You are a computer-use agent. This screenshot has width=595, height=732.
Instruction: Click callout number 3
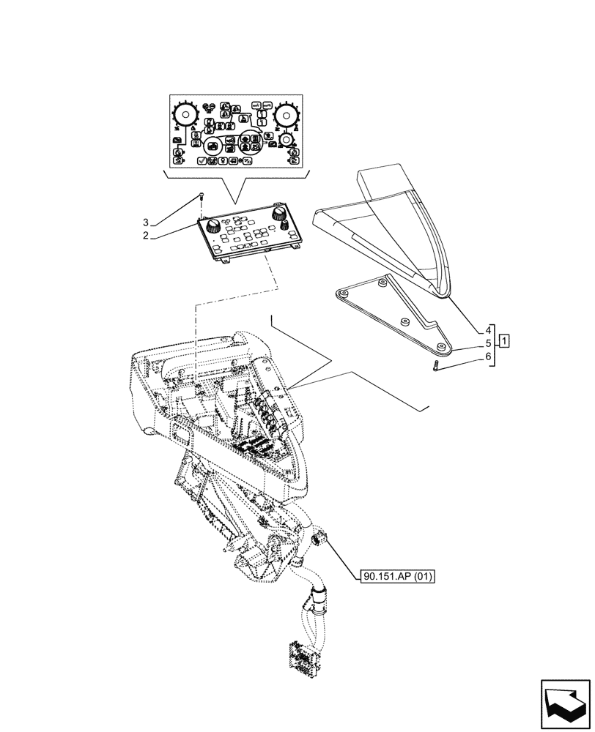[x=146, y=222]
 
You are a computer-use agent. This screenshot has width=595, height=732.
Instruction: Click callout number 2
[x=146, y=236]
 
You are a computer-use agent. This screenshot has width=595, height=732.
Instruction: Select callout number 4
[x=487, y=329]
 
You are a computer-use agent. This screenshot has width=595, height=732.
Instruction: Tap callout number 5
[x=487, y=343]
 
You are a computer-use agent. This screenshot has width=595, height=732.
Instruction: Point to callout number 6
[x=487, y=356]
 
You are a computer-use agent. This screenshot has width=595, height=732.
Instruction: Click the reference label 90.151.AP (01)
[x=398, y=577]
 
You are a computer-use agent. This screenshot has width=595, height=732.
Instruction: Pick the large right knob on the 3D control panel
[x=278, y=213]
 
